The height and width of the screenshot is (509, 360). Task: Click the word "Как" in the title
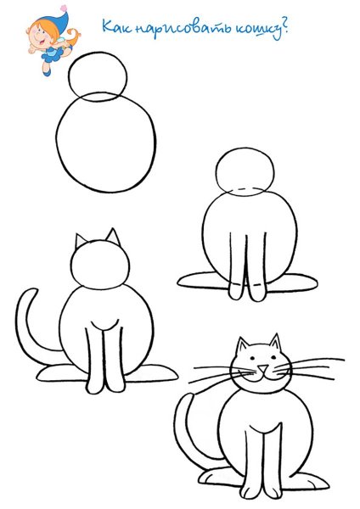[116, 26]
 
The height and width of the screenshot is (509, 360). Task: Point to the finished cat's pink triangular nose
[263, 368]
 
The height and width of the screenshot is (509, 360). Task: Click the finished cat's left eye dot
[252, 358]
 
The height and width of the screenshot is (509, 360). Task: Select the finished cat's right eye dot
[273, 357]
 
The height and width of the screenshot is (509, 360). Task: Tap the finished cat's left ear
[242, 346]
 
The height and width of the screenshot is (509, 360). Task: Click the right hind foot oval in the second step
[292, 283]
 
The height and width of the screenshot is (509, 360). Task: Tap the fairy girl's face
[42, 35]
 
